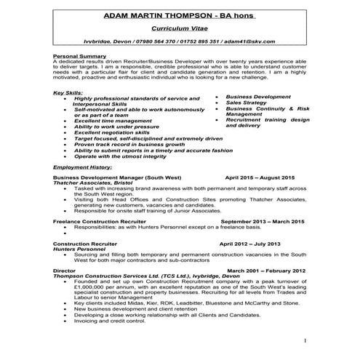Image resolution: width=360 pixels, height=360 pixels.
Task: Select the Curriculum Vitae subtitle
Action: coord(180,29)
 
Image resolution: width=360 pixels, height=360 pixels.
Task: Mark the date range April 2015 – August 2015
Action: coord(260,177)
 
